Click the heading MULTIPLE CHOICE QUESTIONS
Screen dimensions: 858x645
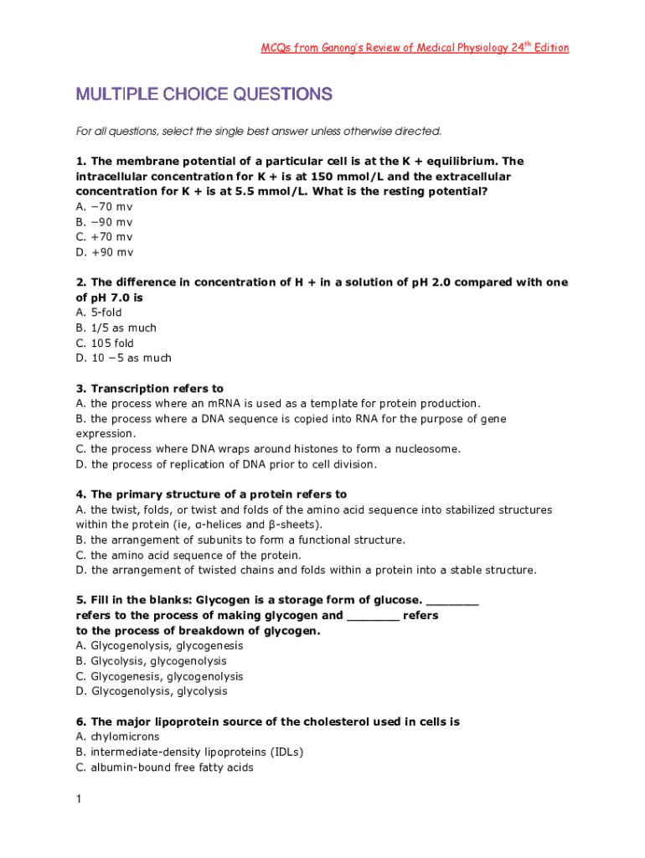click(204, 95)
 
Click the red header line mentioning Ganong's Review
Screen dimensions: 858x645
click(415, 48)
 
